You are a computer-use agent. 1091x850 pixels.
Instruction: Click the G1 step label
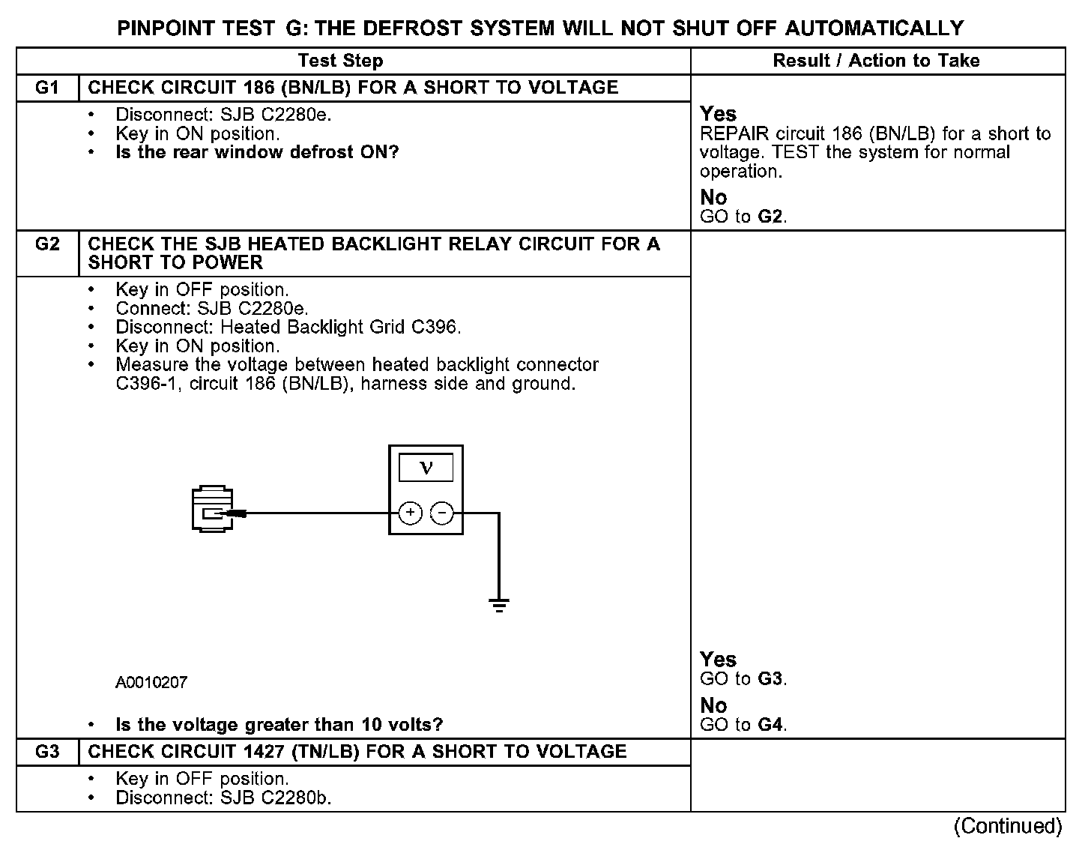pos(46,88)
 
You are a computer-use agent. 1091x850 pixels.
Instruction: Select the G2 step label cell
pos(46,244)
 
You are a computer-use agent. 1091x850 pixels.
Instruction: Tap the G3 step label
pos(46,752)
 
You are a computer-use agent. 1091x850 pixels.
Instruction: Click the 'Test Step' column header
pos(340,61)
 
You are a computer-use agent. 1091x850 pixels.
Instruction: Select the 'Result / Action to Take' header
pos(876,61)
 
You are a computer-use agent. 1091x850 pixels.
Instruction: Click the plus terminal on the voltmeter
pos(410,513)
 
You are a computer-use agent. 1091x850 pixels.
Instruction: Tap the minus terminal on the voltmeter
pos(442,513)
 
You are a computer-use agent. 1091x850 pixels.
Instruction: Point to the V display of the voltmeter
pos(426,468)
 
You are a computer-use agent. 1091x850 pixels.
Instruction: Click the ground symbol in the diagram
pos(499,604)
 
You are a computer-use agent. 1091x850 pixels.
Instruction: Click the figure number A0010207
pos(151,683)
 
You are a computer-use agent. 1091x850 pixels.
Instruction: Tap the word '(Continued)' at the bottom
pos(1008,826)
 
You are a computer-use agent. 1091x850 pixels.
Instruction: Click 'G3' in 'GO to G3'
pos(771,679)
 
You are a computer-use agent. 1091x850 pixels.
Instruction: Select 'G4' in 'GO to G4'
pos(771,725)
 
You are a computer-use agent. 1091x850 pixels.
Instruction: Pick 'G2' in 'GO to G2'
pos(771,217)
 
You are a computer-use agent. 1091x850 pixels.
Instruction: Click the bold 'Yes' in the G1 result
pos(718,114)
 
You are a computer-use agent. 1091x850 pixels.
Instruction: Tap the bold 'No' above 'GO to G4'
pos(713,705)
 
